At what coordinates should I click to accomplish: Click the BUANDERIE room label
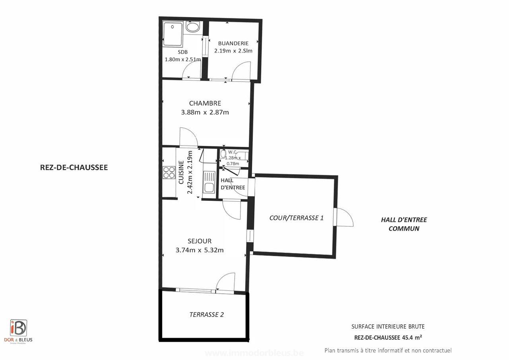pos(233,43)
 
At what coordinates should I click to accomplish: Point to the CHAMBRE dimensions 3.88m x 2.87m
pos(205,112)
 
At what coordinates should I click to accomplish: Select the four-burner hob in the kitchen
pos(169,172)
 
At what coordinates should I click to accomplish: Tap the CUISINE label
pos(181,173)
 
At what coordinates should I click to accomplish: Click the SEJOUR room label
pos(200,241)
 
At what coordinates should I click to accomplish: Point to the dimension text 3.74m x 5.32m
pos(200,250)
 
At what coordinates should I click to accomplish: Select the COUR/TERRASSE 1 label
pos(296,218)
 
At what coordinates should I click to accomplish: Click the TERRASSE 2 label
pos(206,315)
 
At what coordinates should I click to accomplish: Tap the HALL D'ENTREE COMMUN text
pos(404,224)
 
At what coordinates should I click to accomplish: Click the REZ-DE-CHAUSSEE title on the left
pos(74,167)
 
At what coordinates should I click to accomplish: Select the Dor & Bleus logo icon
pos(18,328)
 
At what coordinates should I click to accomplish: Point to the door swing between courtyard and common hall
pos(344,217)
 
